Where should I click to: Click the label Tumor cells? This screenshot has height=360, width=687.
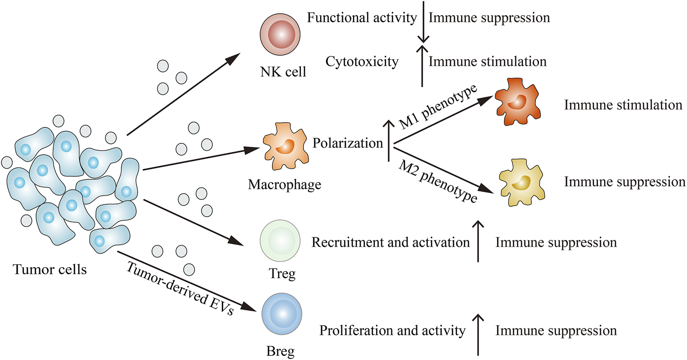click(x=50, y=270)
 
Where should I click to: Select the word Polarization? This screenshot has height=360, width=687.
click(x=347, y=143)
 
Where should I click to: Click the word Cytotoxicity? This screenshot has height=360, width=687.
click(x=362, y=61)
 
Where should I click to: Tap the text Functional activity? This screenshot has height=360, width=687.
click(x=362, y=18)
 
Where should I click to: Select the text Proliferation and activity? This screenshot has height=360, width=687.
click(x=392, y=331)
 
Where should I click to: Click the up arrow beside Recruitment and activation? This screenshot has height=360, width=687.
click(x=478, y=243)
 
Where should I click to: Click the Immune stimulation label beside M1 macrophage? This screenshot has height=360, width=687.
click(x=623, y=105)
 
